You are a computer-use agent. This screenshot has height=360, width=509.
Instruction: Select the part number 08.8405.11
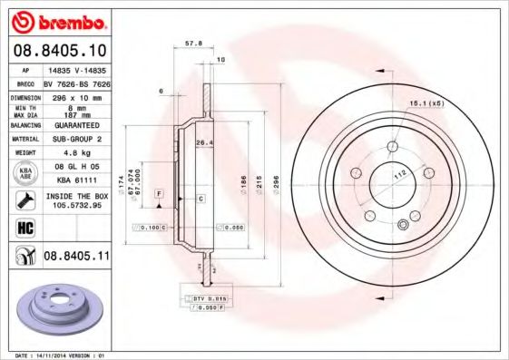pos(77,257)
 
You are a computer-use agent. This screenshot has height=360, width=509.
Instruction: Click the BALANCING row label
pos(24,125)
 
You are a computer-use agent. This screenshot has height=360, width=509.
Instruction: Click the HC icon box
pos(24,226)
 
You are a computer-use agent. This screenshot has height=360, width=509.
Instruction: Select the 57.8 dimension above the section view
pos(192,43)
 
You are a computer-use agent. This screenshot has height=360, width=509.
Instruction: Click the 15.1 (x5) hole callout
pos(424,104)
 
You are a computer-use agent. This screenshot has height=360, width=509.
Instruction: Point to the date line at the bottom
pos(56,355)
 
